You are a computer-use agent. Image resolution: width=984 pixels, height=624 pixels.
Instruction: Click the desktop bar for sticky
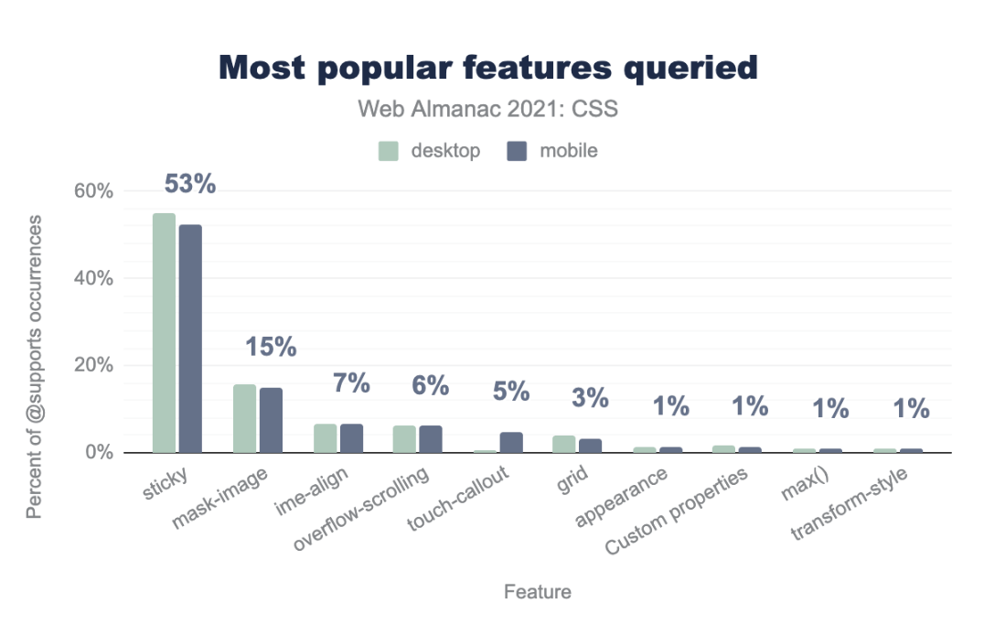pos(164,333)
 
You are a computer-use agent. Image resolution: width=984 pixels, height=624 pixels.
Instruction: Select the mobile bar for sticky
pos(190,339)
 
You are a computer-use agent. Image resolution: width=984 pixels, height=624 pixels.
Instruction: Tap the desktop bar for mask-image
pos(244,418)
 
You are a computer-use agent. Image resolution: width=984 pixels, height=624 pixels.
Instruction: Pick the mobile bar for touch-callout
pos(511,442)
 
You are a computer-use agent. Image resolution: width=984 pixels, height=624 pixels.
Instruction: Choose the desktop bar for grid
pos(564,444)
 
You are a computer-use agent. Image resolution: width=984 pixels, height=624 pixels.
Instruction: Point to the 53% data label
pos(190,184)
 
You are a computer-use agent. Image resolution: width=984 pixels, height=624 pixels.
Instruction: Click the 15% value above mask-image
pos(271,347)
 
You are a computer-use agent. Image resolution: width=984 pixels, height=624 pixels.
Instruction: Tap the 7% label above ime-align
pos(351,383)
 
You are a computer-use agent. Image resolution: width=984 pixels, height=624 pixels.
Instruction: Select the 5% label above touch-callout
pos(511,391)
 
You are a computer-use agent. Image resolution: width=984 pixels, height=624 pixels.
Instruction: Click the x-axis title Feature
pos(538,592)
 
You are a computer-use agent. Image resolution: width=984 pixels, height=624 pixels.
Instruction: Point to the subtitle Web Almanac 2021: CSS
pos(488,110)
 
